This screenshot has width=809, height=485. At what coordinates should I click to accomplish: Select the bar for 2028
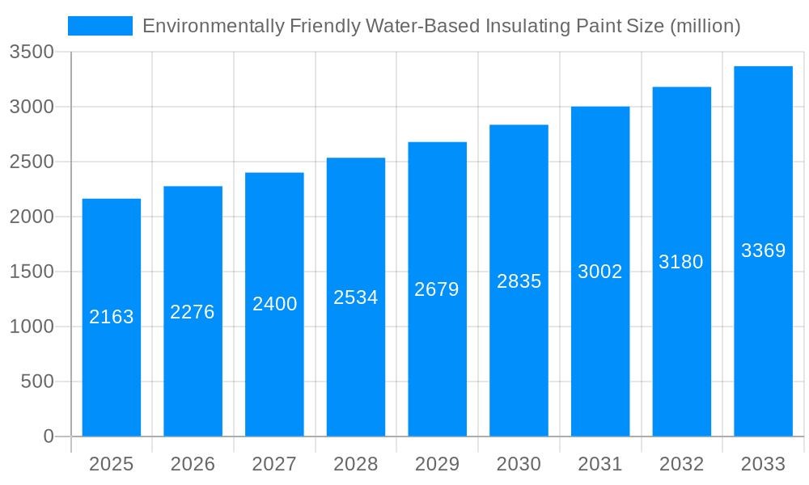click(356, 364)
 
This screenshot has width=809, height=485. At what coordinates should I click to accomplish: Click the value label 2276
click(193, 312)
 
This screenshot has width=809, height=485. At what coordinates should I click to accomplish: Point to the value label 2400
click(275, 304)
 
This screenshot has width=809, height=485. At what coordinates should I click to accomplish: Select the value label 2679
click(437, 289)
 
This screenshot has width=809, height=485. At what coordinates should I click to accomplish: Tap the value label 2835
click(519, 281)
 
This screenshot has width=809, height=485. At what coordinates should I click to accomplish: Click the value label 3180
click(681, 262)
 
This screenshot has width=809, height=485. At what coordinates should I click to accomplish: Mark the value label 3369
click(763, 251)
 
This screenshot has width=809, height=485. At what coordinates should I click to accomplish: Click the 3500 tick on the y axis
click(32, 53)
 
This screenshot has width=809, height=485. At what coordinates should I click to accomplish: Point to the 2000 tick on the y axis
click(32, 217)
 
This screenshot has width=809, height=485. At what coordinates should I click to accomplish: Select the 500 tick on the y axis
click(37, 382)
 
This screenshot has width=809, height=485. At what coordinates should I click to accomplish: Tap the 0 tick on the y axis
click(48, 436)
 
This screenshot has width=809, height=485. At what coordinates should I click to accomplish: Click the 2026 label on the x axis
click(193, 464)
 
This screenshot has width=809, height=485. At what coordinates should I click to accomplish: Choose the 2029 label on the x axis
click(437, 464)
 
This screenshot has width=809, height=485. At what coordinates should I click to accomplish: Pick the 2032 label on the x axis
click(681, 464)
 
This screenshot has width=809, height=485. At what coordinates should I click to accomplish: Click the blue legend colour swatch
click(100, 26)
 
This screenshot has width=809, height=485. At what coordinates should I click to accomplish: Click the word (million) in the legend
click(705, 26)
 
